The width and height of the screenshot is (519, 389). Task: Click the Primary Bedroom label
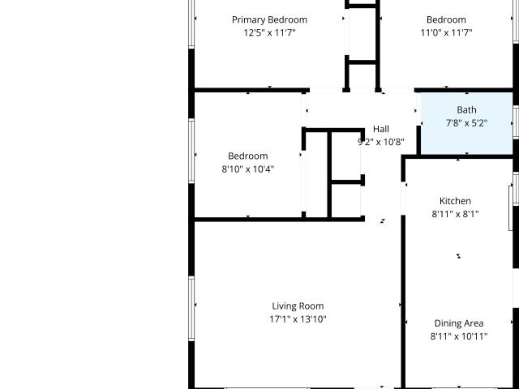point(269,19)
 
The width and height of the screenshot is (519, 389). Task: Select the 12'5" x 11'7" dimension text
point(269,32)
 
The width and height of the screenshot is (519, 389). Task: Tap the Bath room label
point(467,110)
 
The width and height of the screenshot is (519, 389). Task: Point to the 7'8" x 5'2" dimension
point(467,123)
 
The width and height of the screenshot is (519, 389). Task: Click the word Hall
point(381,129)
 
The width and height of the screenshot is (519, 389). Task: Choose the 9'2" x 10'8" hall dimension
point(381,142)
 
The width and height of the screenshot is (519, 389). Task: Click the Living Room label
point(298,306)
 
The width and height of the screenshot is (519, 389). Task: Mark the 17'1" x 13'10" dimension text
point(298,319)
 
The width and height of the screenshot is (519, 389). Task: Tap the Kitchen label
point(455,201)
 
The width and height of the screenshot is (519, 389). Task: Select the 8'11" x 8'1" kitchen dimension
point(455,214)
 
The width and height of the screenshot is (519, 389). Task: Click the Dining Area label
point(459,323)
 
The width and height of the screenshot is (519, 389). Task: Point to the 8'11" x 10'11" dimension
point(459,336)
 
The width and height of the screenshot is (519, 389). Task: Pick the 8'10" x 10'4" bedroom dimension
point(248,169)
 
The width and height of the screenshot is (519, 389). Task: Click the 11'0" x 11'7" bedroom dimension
point(446,32)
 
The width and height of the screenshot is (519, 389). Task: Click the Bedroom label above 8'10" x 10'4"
point(248,156)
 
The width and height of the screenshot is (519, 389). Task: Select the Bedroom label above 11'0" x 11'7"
point(446,19)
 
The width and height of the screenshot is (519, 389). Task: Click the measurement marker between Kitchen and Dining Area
point(458,256)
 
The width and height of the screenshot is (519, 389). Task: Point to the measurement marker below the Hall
point(383,221)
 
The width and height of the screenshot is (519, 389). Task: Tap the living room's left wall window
point(191,309)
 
